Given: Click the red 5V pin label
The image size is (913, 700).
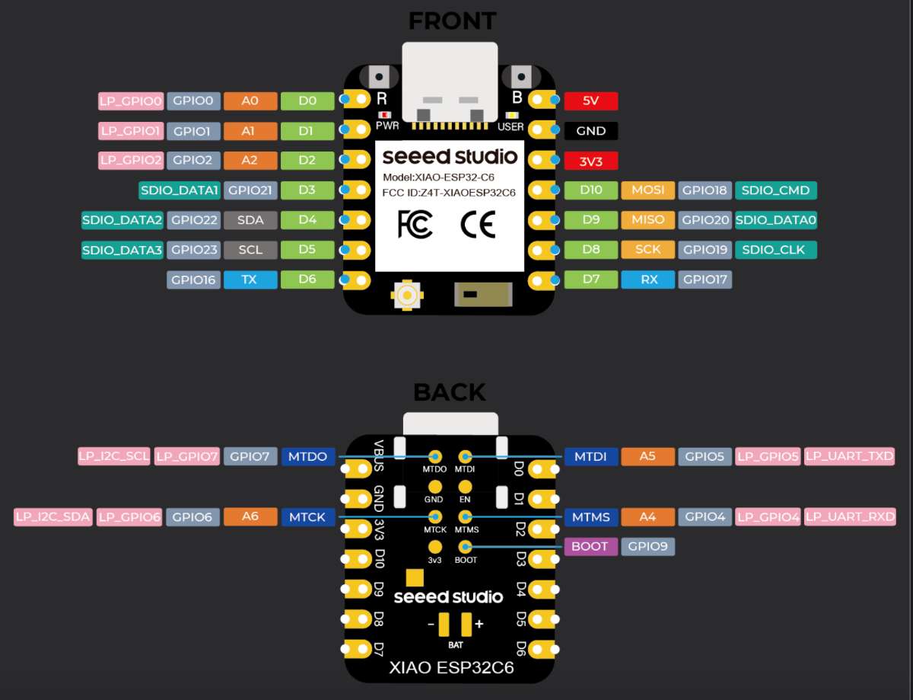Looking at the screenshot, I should (590, 101).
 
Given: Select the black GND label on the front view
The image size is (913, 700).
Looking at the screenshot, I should (590, 130).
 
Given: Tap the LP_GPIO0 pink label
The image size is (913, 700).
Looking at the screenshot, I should (131, 101).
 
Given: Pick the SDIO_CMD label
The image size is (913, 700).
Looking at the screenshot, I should (776, 190).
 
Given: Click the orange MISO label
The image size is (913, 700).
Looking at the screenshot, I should (648, 220).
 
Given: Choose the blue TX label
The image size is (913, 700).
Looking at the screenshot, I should (250, 280).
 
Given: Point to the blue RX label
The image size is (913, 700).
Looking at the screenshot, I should (648, 280).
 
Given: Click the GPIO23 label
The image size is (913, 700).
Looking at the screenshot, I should (194, 249).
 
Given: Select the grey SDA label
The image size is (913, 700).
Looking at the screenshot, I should (250, 220).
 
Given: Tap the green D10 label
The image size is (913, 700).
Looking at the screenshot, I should (590, 190).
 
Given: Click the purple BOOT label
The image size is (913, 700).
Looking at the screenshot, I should (590, 546).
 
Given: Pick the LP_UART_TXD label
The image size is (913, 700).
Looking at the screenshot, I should (849, 456).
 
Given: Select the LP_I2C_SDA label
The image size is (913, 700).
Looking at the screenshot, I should (53, 516).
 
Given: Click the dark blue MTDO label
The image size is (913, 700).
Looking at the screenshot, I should (307, 456).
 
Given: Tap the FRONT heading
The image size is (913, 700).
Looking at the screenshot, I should (452, 21).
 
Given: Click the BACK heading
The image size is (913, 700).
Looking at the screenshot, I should (449, 392).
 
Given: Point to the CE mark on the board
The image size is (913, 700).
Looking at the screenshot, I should (478, 224).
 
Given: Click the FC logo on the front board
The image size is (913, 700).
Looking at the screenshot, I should (415, 224).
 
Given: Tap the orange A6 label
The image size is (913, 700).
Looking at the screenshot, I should (250, 516).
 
